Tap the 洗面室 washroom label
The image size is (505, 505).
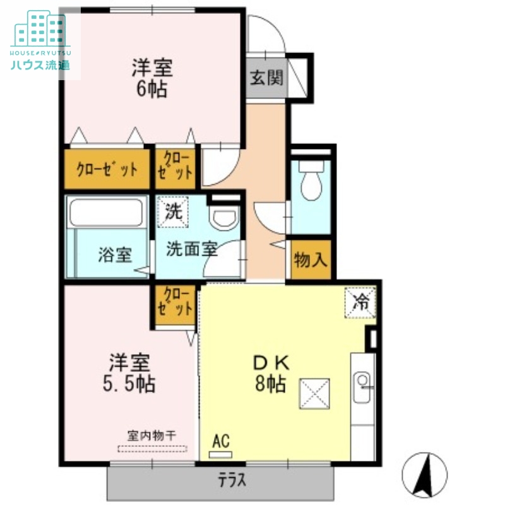coord(192,249)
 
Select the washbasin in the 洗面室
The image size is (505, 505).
coord(224,218)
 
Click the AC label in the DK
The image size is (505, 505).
coord(220,441)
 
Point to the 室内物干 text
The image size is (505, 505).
coord(151,436)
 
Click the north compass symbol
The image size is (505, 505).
coord(424,473)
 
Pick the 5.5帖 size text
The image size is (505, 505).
coord(130,384)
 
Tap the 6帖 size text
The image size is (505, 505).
coord(151,90)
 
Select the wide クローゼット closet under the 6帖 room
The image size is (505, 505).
coord(107,169)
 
